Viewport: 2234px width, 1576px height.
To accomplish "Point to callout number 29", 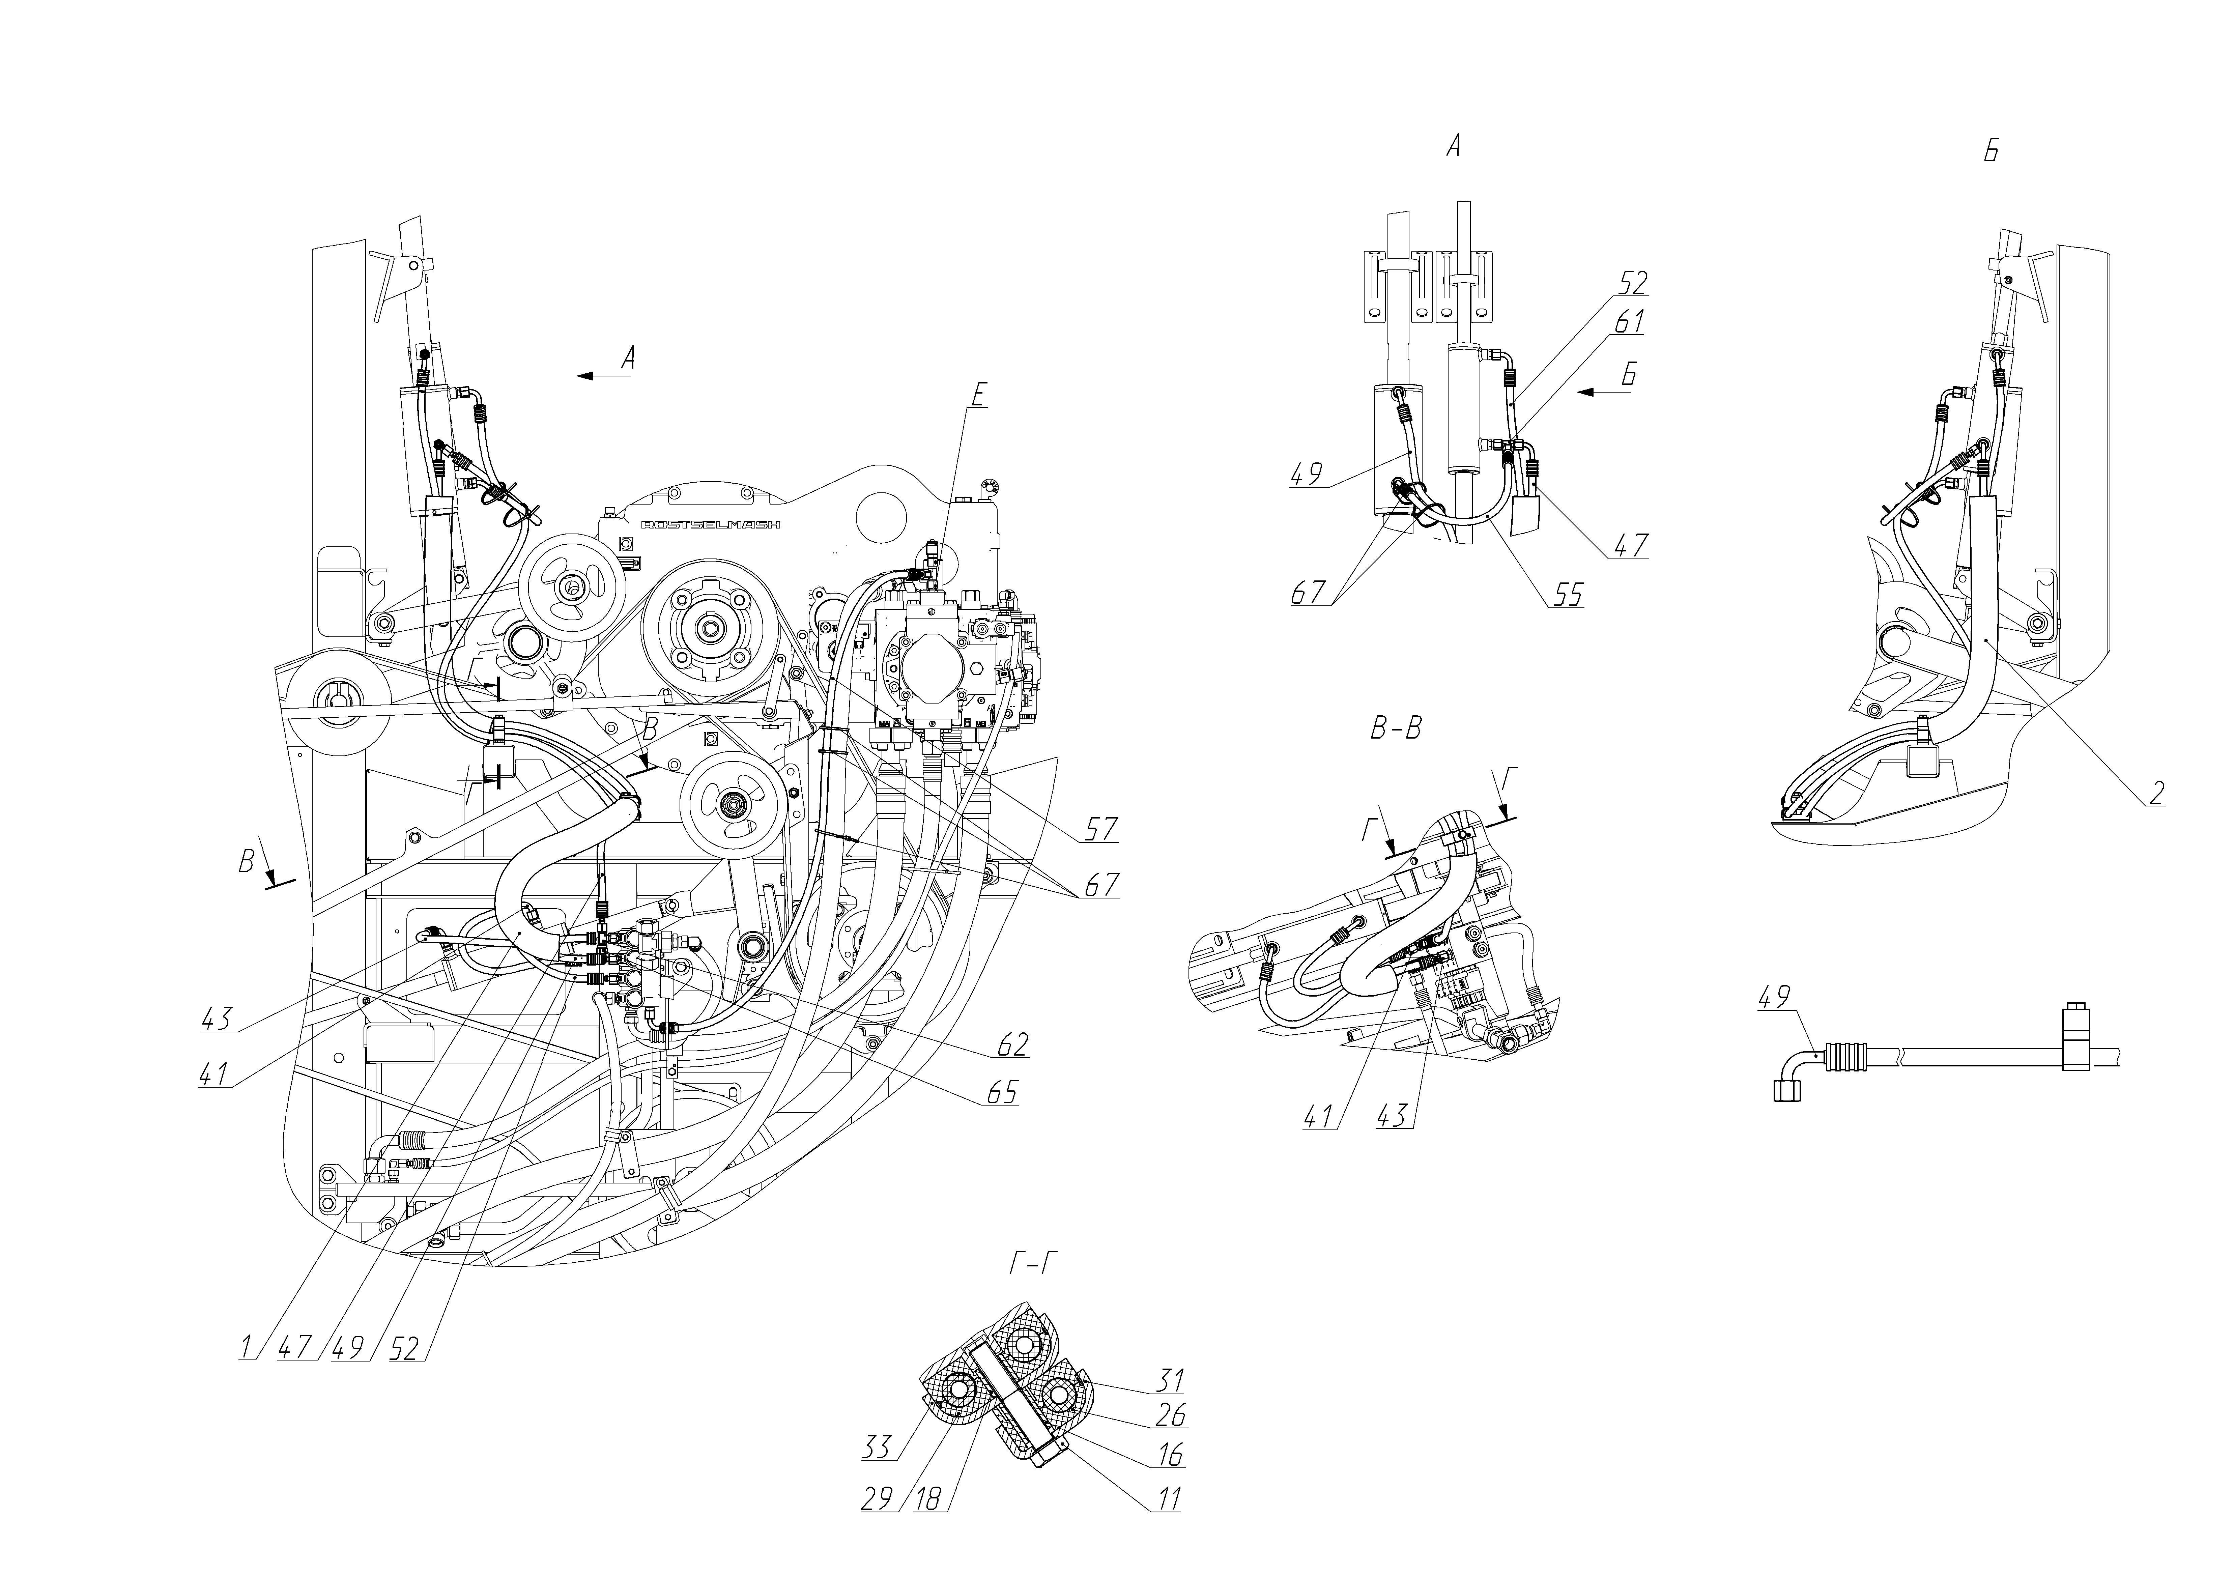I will [x=878, y=1499].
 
